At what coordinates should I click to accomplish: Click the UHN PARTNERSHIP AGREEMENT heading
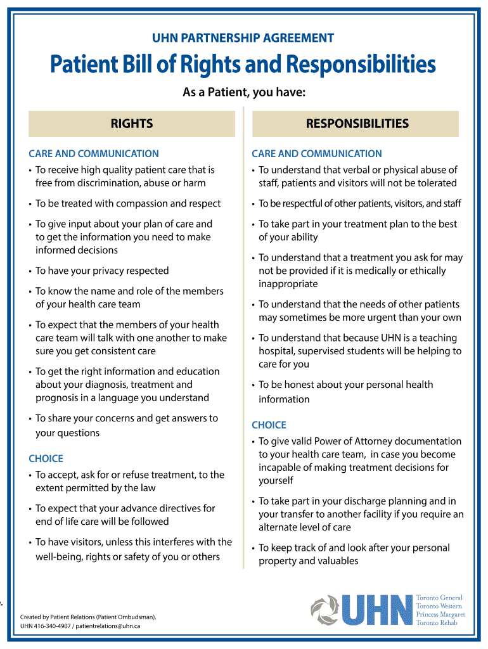[243, 38]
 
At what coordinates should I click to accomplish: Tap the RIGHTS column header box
[132, 124]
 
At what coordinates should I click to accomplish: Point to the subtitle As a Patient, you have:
[244, 93]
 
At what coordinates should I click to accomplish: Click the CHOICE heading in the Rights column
[46, 458]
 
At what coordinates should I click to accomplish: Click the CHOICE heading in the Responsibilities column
[269, 425]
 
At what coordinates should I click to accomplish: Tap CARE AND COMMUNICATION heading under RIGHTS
[94, 153]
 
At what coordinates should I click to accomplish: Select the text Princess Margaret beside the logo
[440, 614]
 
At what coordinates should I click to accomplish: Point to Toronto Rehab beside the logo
[436, 623]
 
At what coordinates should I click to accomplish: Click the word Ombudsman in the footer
[131, 617]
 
